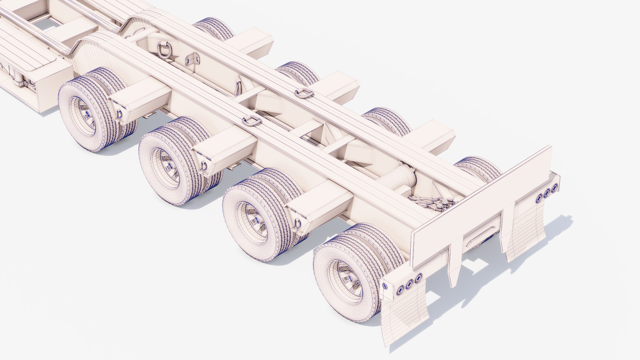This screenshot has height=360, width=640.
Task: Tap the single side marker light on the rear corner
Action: [x=386, y=286]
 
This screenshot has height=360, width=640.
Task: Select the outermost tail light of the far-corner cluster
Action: [x=554, y=189]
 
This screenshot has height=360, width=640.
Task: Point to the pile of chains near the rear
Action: [x=430, y=203]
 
